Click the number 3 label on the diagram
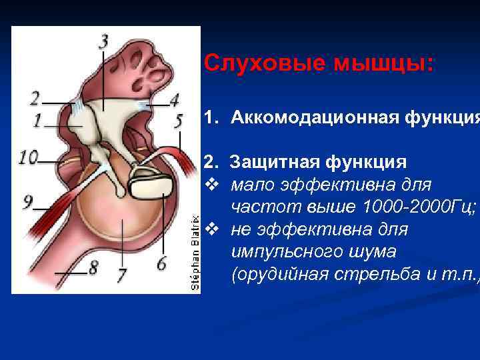coord(104,41)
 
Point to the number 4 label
coord(174,100)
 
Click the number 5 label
coord(179,121)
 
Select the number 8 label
coord(93,267)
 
